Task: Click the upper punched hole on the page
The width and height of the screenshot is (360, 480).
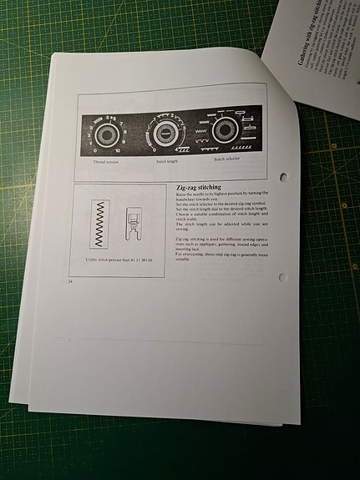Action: click(283, 177)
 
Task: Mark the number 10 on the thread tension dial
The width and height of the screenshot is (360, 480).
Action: click(118, 150)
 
